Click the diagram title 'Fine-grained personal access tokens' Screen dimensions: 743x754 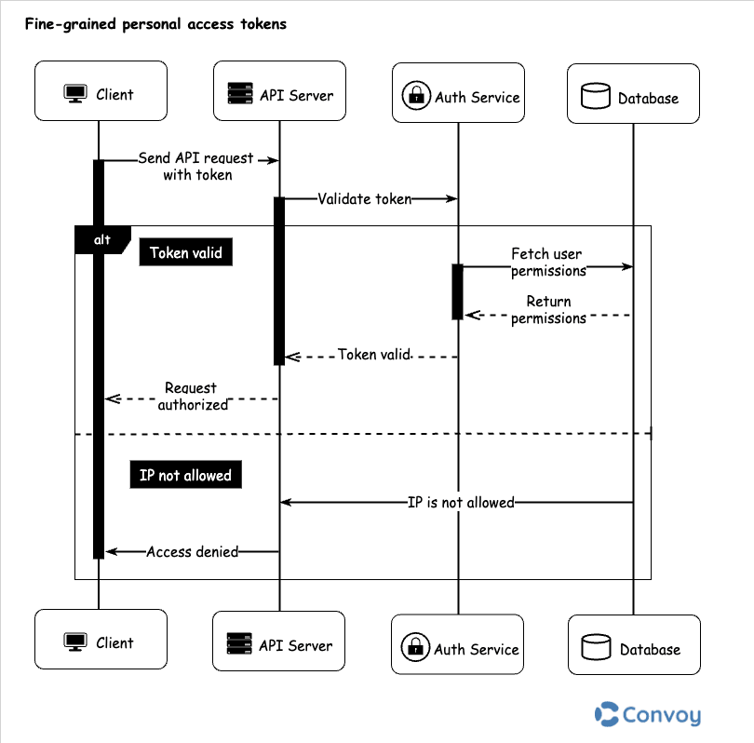[155, 25]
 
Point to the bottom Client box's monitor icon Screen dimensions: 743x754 [74, 642]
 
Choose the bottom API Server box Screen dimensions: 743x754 [279, 644]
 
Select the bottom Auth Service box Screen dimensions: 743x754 [458, 648]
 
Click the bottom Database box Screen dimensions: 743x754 [633, 648]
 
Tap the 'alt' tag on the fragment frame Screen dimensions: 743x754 [101, 240]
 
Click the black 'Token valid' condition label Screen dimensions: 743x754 [185, 252]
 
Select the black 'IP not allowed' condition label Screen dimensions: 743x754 [185, 476]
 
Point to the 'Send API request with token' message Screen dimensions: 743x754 [195, 166]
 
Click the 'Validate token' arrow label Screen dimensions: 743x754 [364, 198]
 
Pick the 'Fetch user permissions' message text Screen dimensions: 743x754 [548, 262]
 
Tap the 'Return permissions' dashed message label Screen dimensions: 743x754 [548, 310]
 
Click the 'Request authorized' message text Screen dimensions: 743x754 [192, 396]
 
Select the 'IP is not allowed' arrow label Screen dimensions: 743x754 [461, 502]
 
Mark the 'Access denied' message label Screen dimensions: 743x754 [192, 551]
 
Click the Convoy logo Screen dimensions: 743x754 [648, 714]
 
